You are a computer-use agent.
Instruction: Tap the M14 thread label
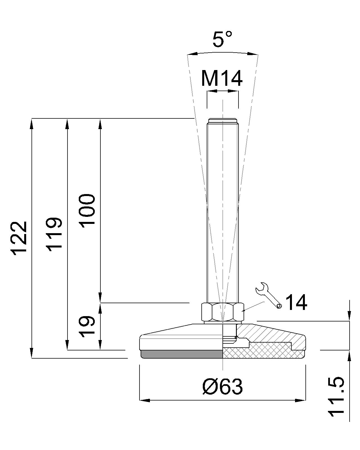click(x=222, y=78)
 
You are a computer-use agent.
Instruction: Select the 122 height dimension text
click(x=19, y=238)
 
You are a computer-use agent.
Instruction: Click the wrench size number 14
click(x=296, y=302)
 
